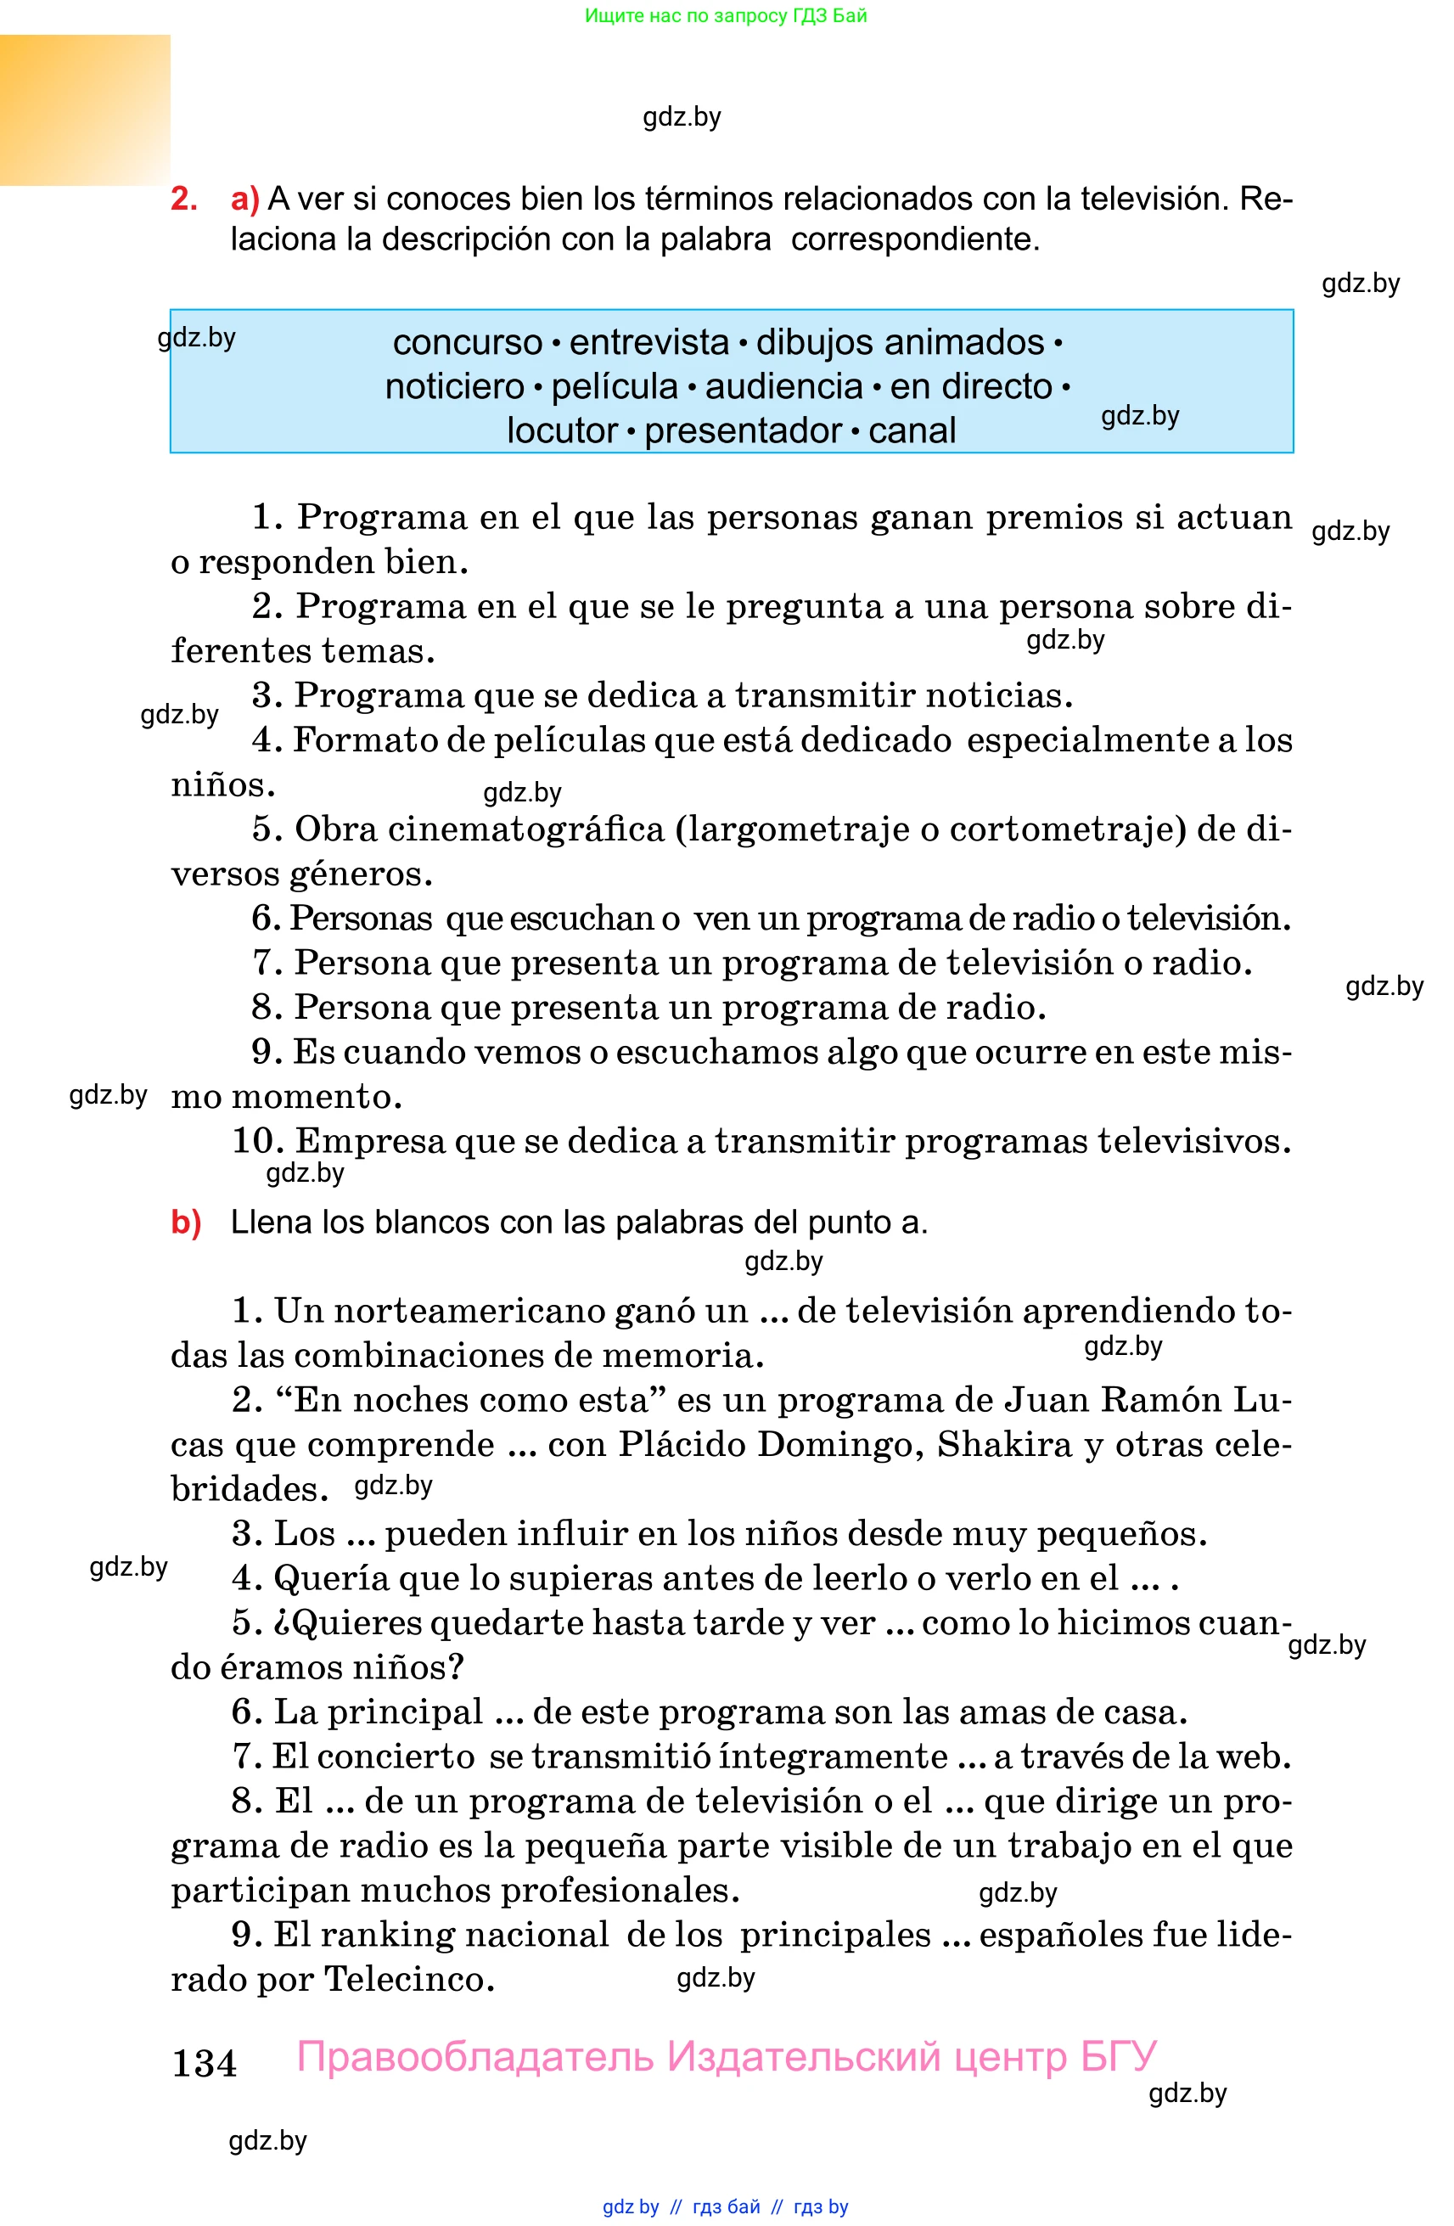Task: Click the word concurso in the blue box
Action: pyautogui.click(x=467, y=342)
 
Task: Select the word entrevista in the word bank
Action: pyautogui.click(x=649, y=342)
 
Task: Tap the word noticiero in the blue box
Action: pyautogui.click(x=454, y=386)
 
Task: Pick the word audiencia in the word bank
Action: pyautogui.click(x=783, y=386)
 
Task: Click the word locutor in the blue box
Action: pyautogui.click(x=562, y=430)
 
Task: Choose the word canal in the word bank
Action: pyautogui.click(x=912, y=430)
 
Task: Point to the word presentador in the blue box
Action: pyautogui.click(x=744, y=430)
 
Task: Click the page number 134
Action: pyautogui.click(x=204, y=2062)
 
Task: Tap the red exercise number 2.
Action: pyautogui.click(x=183, y=199)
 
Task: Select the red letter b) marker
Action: pyautogui.click(x=186, y=1222)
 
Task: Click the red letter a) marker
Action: pyautogui.click(x=245, y=199)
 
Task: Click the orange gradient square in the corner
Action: pyautogui.click(x=85, y=110)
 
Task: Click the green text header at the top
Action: pyautogui.click(x=726, y=15)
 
